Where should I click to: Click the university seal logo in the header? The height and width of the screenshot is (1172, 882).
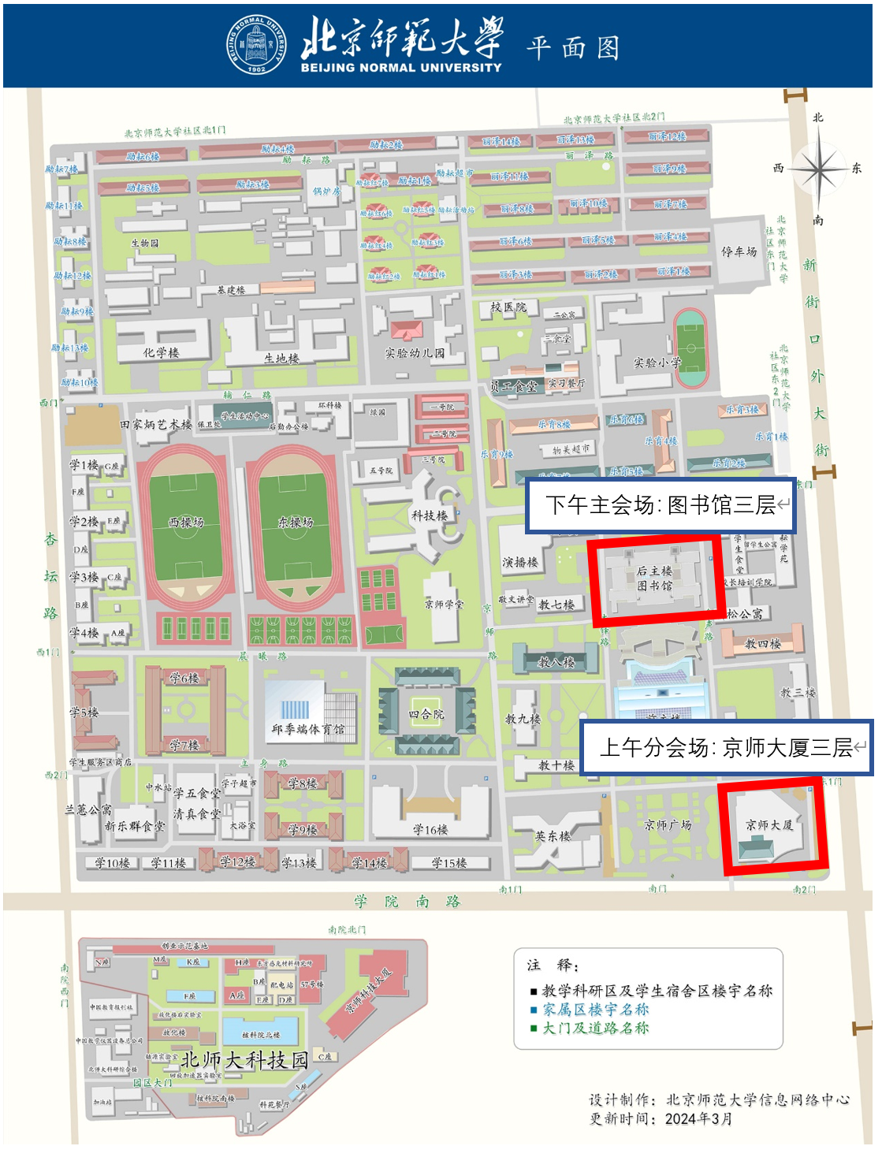(x=257, y=45)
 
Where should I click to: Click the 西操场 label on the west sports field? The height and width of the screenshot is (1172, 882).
(x=187, y=522)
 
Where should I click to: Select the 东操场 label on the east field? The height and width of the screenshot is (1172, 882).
(x=296, y=522)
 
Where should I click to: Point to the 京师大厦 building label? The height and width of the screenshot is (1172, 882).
(x=769, y=825)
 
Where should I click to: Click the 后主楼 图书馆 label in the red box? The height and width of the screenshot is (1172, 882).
(x=654, y=578)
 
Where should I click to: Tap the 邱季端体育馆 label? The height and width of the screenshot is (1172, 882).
(x=307, y=729)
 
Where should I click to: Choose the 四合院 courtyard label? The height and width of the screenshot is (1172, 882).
(x=426, y=714)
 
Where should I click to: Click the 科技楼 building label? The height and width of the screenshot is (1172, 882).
(x=429, y=515)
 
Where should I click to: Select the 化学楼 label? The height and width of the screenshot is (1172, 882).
(x=161, y=352)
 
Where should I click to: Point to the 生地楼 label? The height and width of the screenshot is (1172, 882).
(x=281, y=358)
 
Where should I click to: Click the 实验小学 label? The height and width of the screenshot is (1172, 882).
(x=657, y=363)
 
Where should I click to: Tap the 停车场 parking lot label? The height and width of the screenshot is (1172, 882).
(x=739, y=251)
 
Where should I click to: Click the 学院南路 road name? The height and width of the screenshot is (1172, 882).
(x=407, y=901)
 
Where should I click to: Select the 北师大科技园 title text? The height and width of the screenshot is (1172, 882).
(x=244, y=1060)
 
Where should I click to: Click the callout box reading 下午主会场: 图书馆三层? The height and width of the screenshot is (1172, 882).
(x=661, y=504)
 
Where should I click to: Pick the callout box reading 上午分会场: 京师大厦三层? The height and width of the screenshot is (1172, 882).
(x=726, y=747)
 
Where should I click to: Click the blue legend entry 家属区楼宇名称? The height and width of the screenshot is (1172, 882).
(x=595, y=1009)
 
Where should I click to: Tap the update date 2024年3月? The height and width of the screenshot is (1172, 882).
(x=698, y=1118)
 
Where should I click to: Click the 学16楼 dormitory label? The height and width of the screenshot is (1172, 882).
(x=430, y=829)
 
